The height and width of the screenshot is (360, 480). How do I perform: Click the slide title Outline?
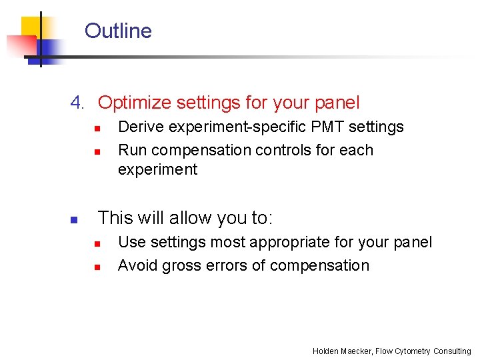118,31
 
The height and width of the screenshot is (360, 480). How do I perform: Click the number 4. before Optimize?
78,103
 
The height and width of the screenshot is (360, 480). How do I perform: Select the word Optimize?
135,103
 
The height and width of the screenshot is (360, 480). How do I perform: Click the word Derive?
138,127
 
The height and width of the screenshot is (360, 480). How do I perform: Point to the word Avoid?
137,265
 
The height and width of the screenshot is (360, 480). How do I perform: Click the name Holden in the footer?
325,351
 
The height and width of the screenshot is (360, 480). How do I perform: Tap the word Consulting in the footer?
452,351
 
